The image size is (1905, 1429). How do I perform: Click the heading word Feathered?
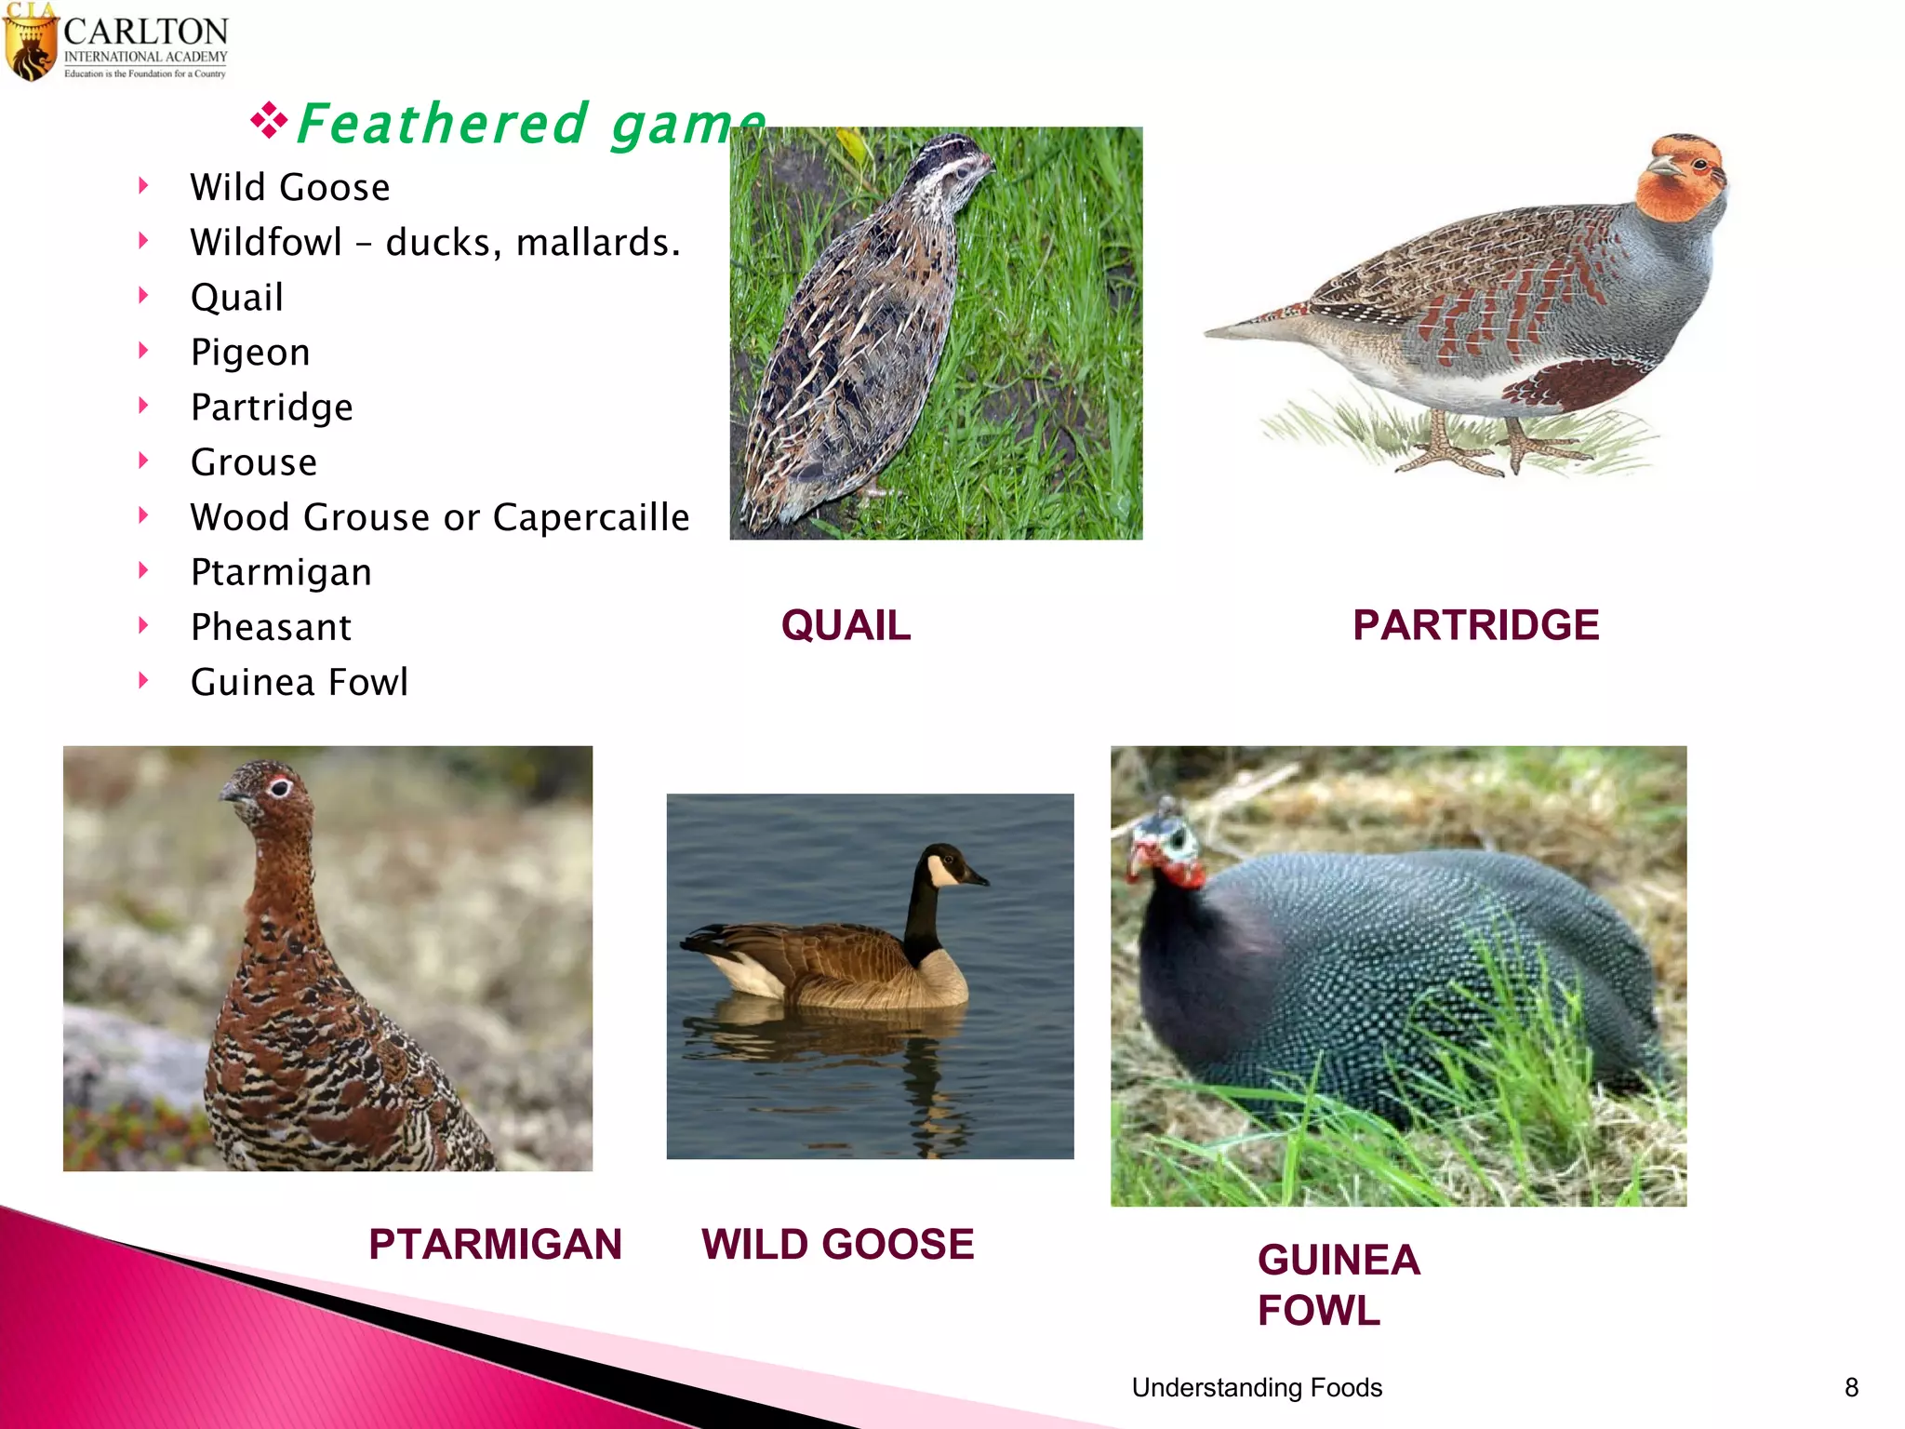click(x=443, y=124)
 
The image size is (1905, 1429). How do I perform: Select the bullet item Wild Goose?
click(x=289, y=187)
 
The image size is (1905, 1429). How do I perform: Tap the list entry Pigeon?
click(x=250, y=352)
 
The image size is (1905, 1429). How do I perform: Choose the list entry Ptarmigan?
click(x=281, y=571)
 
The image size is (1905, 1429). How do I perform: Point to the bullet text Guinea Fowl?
click(x=299, y=682)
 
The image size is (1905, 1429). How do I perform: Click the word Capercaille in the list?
click(x=591, y=517)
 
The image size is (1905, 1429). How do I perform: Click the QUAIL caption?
click(x=846, y=625)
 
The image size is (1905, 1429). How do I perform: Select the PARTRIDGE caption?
click(x=1475, y=625)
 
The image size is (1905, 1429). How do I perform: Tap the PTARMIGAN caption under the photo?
click(x=495, y=1244)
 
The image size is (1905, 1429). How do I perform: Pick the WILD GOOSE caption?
click(x=837, y=1244)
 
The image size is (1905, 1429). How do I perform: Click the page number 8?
click(x=1851, y=1387)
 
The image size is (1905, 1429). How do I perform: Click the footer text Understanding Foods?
click(x=1257, y=1387)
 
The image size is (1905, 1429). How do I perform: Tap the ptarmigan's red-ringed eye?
click(x=279, y=787)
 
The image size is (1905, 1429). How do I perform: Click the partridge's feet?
click(x=1488, y=450)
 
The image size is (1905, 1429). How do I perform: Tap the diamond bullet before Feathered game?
click(x=269, y=122)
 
